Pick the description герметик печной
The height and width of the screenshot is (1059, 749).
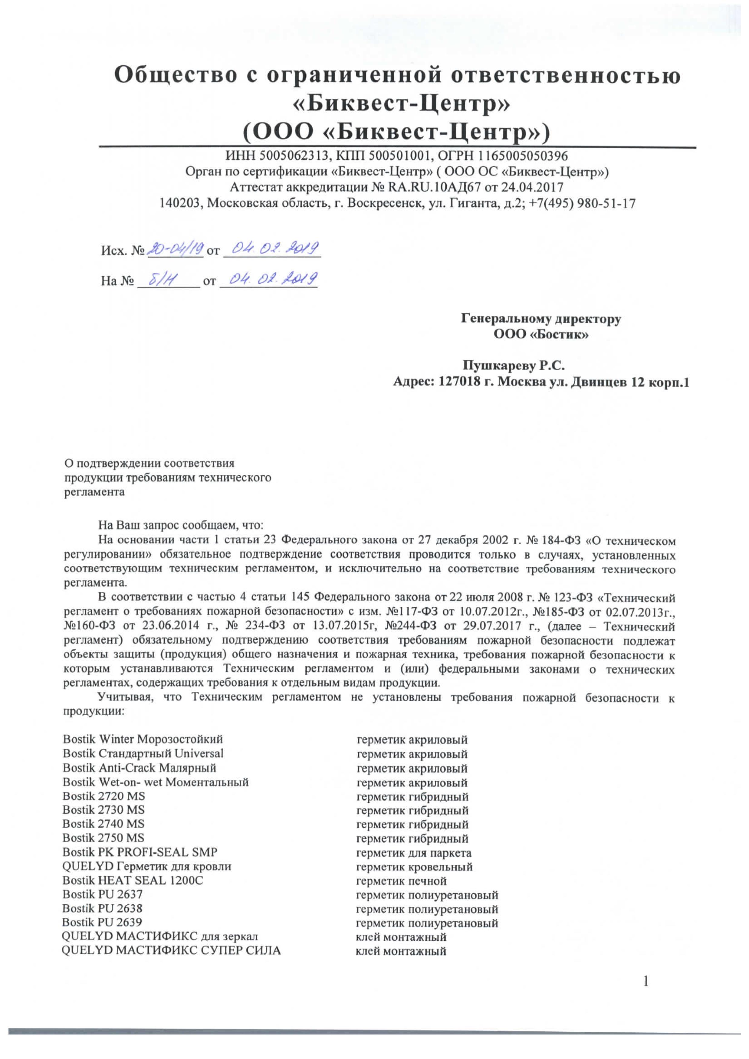click(x=401, y=881)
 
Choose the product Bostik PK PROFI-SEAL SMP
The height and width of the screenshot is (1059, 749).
click(x=140, y=852)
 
